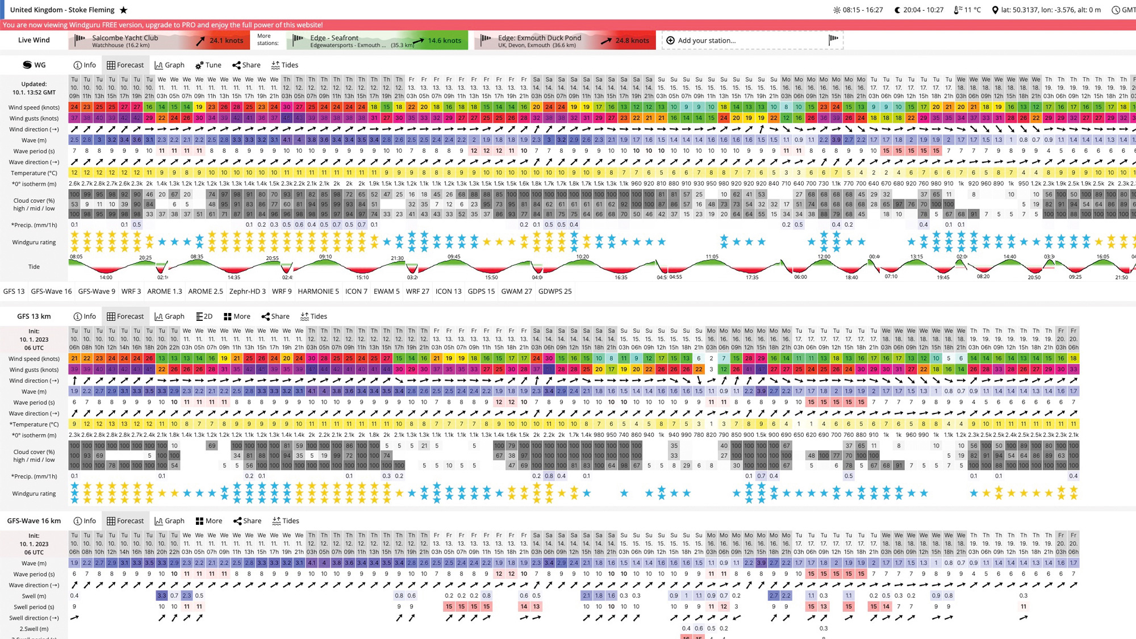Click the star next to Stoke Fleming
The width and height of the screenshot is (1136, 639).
pos(124,10)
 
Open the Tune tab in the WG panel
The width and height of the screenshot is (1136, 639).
pos(208,65)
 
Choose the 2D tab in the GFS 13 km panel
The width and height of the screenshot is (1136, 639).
pos(204,316)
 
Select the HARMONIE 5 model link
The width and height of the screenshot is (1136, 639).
pos(318,291)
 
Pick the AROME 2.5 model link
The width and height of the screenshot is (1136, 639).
pos(205,291)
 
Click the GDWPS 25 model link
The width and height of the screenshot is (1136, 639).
pos(554,291)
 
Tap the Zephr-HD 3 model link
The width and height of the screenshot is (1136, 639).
pos(247,291)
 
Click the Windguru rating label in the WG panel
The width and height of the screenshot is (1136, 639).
pos(34,242)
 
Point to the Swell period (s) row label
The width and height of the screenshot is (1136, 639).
pos(34,607)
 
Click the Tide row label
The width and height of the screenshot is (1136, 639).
pos(34,266)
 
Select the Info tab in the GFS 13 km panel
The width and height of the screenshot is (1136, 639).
pos(85,316)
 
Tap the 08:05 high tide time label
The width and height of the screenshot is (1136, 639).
pos(76,257)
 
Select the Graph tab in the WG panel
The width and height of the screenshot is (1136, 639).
pos(169,65)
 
